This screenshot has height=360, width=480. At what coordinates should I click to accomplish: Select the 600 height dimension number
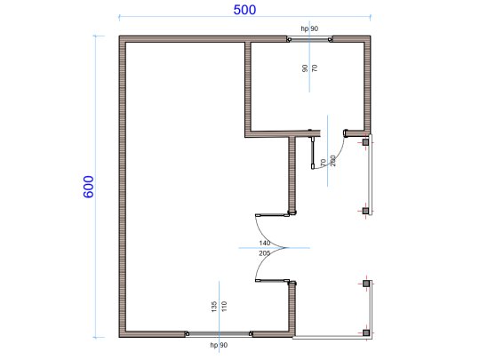click(89, 186)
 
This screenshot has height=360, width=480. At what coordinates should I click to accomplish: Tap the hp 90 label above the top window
click(309, 29)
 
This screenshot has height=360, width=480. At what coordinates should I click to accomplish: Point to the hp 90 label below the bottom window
click(219, 344)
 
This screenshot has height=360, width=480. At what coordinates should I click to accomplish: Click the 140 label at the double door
click(264, 243)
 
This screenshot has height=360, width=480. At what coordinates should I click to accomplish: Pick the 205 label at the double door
click(264, 253)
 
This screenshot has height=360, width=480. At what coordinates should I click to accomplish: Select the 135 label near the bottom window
click(214, 307)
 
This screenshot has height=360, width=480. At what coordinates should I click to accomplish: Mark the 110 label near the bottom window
click(225, 307)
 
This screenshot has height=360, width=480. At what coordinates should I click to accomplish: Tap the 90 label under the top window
click(305, 68)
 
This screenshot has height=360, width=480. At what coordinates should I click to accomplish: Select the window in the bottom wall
click(219, 333)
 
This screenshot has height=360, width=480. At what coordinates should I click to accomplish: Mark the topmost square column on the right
click(365, 140)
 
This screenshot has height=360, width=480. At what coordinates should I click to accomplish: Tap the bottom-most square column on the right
click(365, 332)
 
